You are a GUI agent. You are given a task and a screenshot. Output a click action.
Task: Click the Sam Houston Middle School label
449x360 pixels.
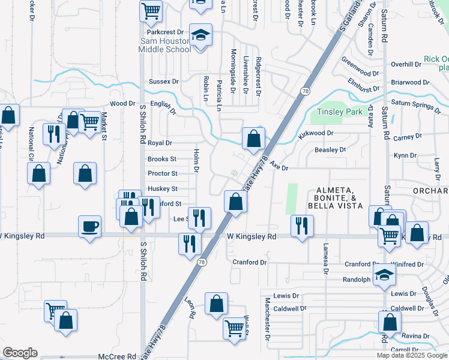(x=166, y=45)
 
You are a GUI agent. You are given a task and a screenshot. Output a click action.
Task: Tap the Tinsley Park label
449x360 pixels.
(x=340, y=112)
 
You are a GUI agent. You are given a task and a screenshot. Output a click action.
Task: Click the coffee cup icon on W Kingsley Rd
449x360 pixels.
(x=90, y=227)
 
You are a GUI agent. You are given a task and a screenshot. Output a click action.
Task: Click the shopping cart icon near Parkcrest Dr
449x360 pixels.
(x=151, y=10)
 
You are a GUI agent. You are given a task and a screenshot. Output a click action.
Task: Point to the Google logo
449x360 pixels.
(x=20, y=353)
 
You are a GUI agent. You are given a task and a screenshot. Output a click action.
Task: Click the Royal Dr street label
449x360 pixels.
(x=160, y=143)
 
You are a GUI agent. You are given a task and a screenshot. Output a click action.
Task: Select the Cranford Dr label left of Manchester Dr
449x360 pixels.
(x=249, y=263)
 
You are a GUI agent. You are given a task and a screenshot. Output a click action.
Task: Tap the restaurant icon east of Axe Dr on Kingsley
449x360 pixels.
(x=301, y=226)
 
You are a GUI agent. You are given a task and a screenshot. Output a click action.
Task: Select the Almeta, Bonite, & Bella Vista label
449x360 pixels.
(x=336, y=198)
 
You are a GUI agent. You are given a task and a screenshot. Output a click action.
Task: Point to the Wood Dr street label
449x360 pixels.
(x=123, y=104)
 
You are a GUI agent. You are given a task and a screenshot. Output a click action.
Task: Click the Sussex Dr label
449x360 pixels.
(x=164, y=82)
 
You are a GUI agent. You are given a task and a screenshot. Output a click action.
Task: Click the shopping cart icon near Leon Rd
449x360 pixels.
(x=234, y=328)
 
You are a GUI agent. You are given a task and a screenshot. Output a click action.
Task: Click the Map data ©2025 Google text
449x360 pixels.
(x=411, y=355)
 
